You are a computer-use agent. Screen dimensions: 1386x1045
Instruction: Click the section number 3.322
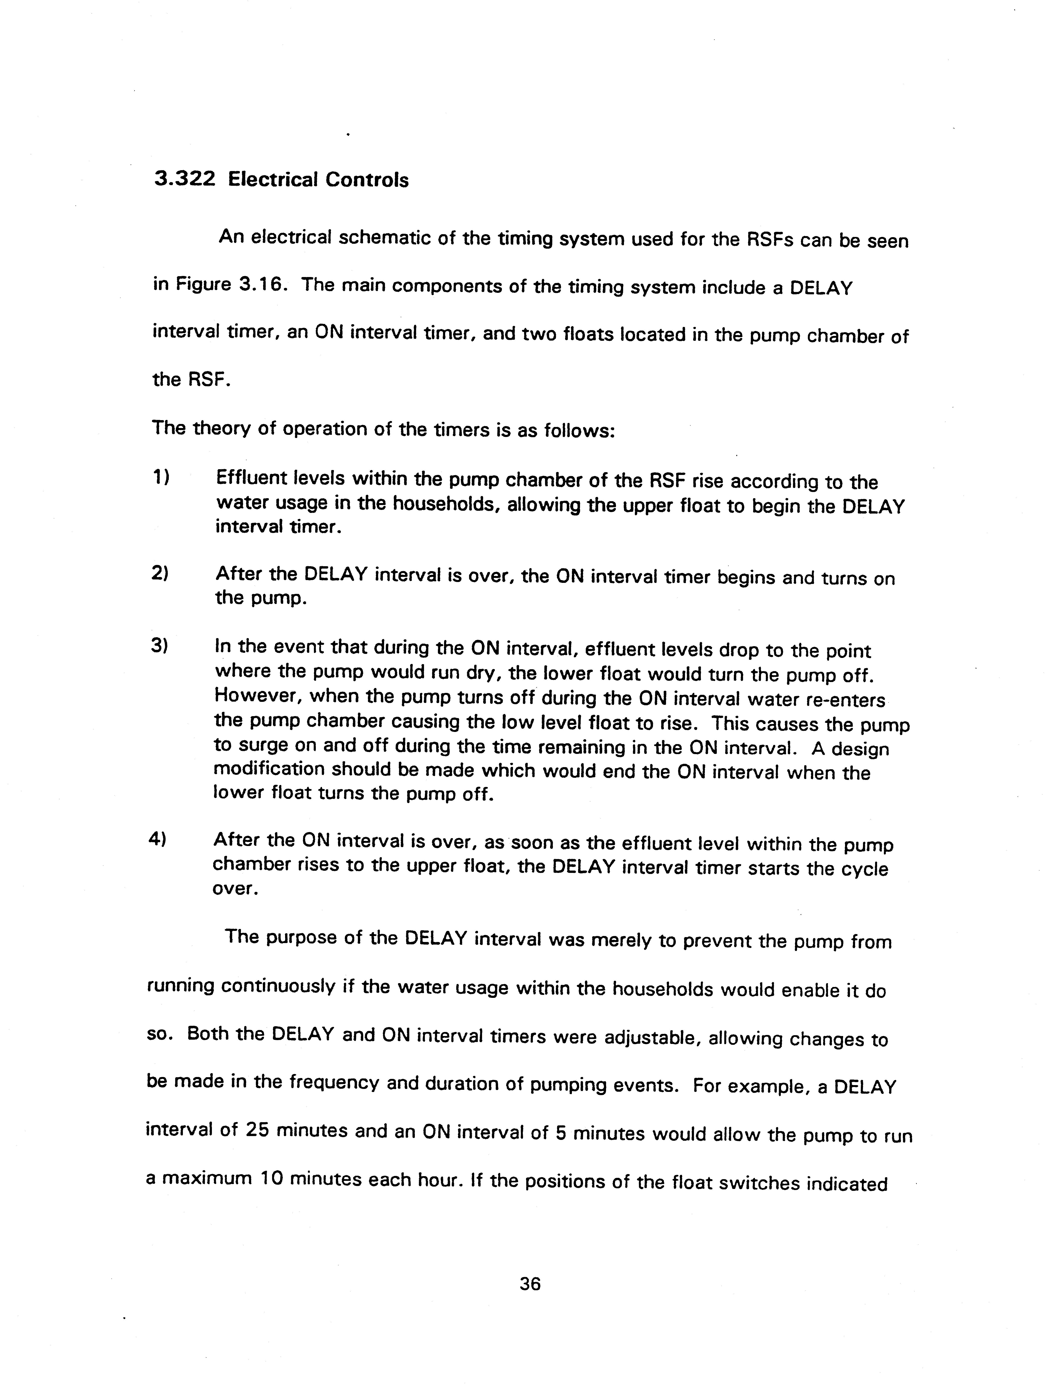184,180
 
